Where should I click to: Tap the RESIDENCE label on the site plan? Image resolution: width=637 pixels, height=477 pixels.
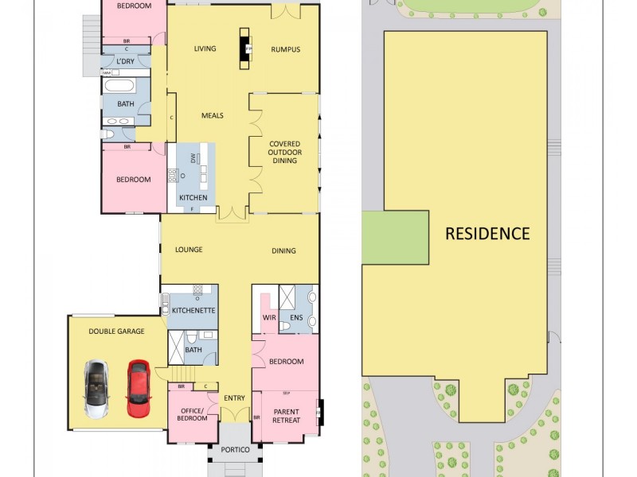(487, 234)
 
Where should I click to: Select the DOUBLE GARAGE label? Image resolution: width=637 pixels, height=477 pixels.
(116, 331)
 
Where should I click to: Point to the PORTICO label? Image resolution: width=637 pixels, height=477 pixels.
(236, 451)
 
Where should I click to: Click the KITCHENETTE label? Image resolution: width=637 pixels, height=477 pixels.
(194, 310)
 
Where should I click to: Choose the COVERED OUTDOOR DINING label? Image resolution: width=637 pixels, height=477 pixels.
(284, 152)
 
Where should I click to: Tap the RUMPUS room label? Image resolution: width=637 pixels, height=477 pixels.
(285, 49)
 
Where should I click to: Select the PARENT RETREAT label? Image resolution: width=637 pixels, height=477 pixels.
(287, 416)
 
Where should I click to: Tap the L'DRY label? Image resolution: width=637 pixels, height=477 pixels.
(125, 62)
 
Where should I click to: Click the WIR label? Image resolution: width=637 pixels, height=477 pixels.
(269, 318)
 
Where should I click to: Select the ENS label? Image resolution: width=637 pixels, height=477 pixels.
(296, 318)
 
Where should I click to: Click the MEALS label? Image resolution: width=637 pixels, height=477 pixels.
(212, 115)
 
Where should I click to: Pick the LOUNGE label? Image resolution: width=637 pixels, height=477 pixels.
(189, 250)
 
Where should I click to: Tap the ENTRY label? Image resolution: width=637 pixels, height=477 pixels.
(234, 398)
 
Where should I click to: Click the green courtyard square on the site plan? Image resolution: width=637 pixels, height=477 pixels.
(395, 238)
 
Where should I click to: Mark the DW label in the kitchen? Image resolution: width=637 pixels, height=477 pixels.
(193, 158)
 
